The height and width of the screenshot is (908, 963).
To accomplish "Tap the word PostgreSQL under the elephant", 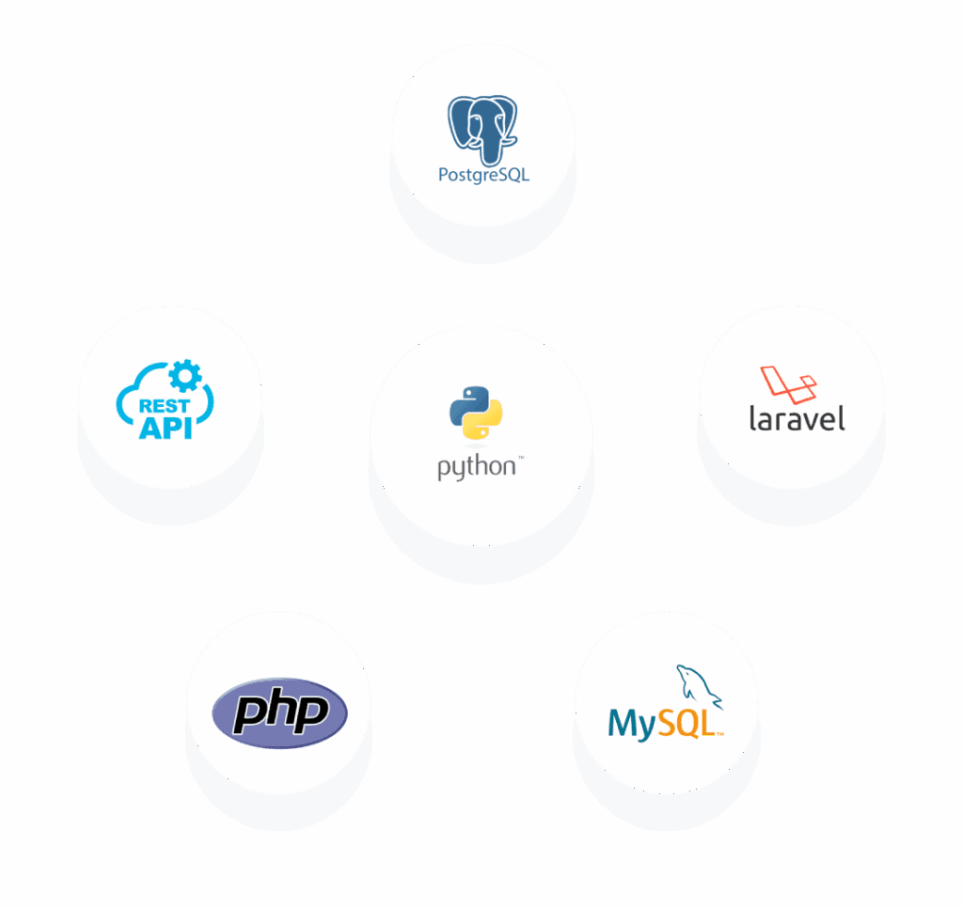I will coord(483,175).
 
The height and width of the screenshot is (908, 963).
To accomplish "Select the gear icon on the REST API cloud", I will coord(184,377).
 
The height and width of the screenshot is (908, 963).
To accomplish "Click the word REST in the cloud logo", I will coord(164,406).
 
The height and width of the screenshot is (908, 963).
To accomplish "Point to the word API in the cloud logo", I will coord(166,428).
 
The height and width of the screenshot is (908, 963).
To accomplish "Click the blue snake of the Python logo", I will coord(467,404).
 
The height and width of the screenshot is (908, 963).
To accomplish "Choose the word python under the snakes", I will coord(476,466).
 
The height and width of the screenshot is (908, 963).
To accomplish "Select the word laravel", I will coord(797,418).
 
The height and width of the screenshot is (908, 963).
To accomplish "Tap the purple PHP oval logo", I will coord(280,712).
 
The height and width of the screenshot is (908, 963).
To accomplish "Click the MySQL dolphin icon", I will coord(697,685).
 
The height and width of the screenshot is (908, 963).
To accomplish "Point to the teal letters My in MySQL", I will coord(631,725).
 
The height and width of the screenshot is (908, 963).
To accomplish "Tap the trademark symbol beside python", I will coord(520,458).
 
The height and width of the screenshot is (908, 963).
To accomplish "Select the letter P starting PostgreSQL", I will coord(444,174).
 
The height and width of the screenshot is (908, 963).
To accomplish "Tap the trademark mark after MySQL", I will coord(720,734).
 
